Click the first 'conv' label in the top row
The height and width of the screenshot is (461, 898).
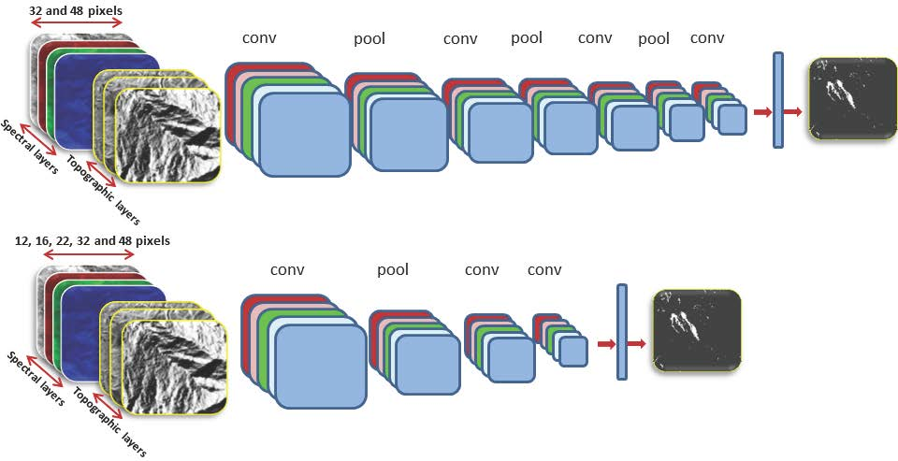pos(259,38)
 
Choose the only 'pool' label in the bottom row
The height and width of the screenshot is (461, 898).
pos(393,270)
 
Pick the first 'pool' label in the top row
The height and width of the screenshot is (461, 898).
pos(369,38)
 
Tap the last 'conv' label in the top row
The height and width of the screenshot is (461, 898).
pos(707,38)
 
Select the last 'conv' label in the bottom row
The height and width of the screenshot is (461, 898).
pos(544,270)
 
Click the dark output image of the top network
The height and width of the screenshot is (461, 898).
pos(852,99)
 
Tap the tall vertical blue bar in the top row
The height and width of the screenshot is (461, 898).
pos(777,100)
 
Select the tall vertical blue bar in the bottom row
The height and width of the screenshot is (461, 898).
pos(621,332)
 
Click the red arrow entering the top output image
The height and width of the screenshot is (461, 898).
pos(793,112)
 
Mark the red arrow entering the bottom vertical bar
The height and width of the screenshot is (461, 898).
pos(605,344)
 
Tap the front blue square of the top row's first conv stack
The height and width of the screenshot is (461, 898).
pos(304,135)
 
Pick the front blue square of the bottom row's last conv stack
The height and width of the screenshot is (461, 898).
pos(572,351)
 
